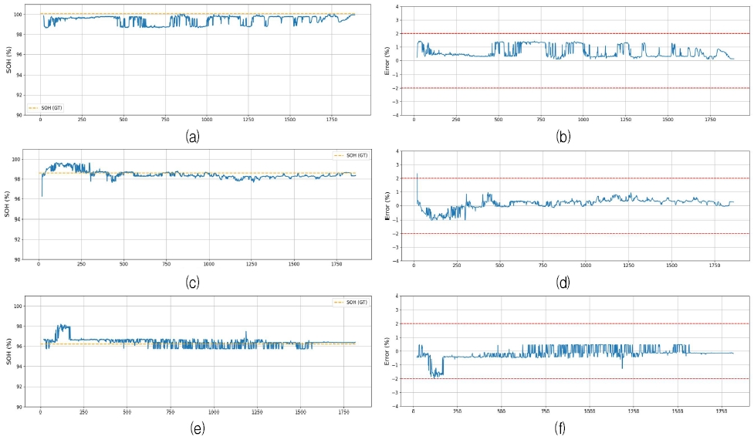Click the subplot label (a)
point(193,137)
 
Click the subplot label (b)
point(563,137)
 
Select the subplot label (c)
point(193,283)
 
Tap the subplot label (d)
point(563,283)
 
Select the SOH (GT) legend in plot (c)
point(349,155)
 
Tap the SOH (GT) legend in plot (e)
point(349,302)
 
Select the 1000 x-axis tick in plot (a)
point(207,120)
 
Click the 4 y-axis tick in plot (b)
point(397,7)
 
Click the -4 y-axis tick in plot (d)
point(396,261)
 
